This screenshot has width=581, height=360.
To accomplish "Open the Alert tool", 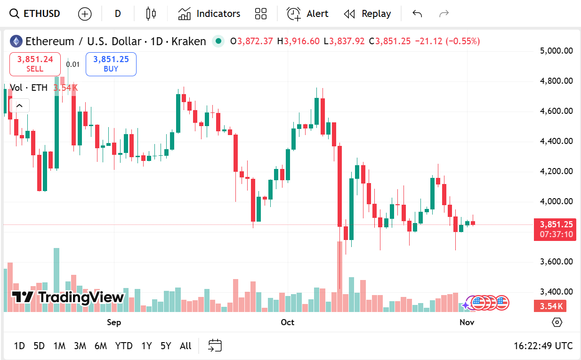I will (308, 14).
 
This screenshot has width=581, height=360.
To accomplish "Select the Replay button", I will (368, 14).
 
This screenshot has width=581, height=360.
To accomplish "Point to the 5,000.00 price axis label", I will (556, 51).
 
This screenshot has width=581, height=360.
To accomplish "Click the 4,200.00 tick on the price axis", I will (556, 171).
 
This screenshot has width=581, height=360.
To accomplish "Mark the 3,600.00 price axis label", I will (556, 262).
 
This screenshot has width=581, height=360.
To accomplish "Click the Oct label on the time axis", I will (287, 322).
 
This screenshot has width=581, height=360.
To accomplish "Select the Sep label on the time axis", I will (114, 322).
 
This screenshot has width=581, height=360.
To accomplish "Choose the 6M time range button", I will (100, 346).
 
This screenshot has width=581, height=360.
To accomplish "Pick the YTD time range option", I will (124, 346).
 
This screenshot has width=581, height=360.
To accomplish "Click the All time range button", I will (186, 346).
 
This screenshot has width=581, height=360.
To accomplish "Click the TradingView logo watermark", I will (68, 297).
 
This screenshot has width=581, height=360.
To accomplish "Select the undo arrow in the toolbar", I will (417, 14).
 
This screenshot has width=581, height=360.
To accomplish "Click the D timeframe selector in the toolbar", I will (118, 14).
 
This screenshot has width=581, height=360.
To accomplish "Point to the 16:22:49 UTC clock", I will (543, 346).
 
